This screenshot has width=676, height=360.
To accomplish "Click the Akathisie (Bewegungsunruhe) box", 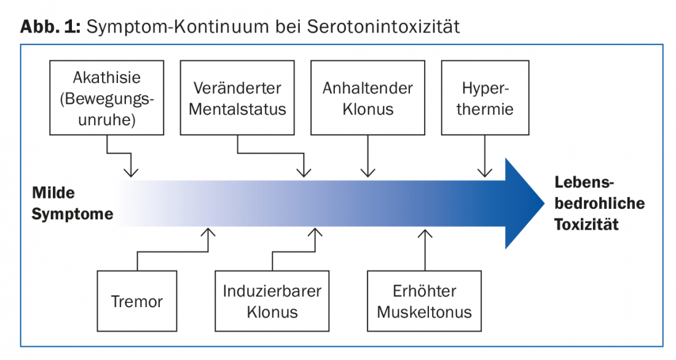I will click(x=107, y=98).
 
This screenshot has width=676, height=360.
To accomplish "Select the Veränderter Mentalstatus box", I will click(x=237, y=98).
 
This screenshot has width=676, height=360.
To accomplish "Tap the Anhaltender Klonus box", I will click(x=367, y=98).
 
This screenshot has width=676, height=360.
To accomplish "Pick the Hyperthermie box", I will click(x=485, y=98).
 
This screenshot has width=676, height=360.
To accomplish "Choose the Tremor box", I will click(x=137, y=301).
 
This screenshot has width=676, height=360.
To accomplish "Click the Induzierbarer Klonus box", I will click(x=272, y=301).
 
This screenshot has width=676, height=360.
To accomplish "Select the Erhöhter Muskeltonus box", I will click(x=424, y=301).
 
